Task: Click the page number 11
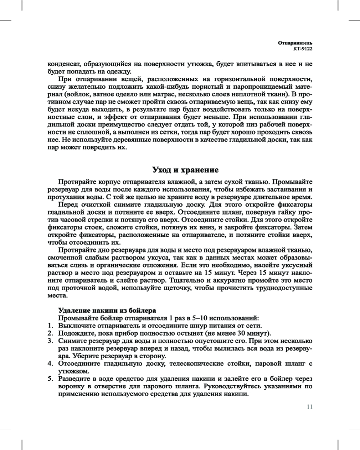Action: pyautogui.click(x=309, y=407)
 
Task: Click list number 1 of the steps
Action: pyautogui.click(x=50, y=326)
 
